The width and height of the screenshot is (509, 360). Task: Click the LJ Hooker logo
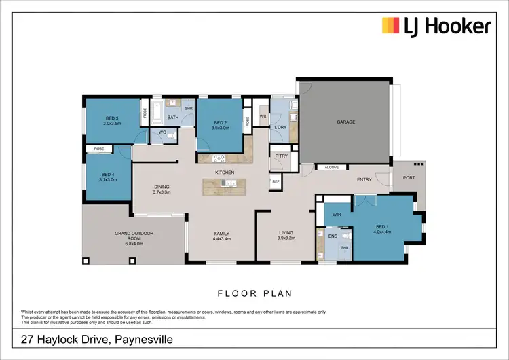pos(436,27)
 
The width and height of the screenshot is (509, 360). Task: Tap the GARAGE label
pos(346,122)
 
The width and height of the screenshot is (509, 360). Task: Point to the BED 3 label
pos(112,121)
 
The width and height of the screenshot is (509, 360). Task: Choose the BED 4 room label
pos(108,176)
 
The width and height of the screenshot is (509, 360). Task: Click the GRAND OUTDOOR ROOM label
pos(134,236)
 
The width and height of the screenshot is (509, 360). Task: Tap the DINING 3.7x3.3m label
pos(162,190)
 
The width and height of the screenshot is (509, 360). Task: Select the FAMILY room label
pos(223,236)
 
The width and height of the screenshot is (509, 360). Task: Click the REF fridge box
pos(276,181)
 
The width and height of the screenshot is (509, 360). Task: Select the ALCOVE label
pos(332,166)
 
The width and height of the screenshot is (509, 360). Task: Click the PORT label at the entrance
pos(409,179)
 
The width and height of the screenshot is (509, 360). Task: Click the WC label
pos(162,132)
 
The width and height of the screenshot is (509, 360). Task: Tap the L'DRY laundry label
pos(280,127)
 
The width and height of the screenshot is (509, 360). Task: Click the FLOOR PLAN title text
pos(254,294)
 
